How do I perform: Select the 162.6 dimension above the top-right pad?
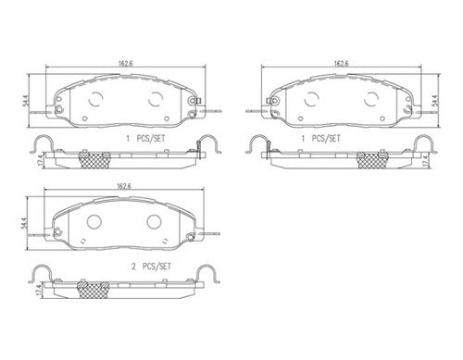coord(341,64)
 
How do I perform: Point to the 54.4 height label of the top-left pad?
coord(25,101)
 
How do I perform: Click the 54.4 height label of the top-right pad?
coord(434,101)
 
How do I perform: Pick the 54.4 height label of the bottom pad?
coord(23,223)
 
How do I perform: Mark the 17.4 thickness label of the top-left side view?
coord(41,161)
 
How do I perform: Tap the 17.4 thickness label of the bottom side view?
coord(39,291)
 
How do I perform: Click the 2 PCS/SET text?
coord(151,267)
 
